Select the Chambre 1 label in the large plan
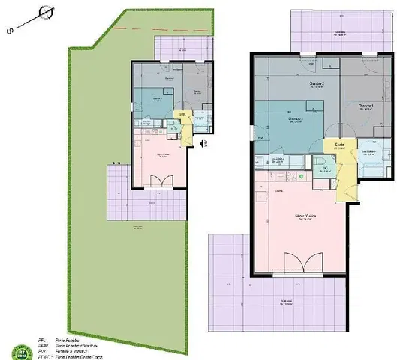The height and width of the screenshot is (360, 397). click(366, 106)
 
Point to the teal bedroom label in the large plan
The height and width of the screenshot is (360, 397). click(295, 118)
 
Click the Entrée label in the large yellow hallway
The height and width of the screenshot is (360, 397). click(339, 145)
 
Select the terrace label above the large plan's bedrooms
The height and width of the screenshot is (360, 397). click(340, 32)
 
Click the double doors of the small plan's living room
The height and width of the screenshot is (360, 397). click(160, 181)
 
